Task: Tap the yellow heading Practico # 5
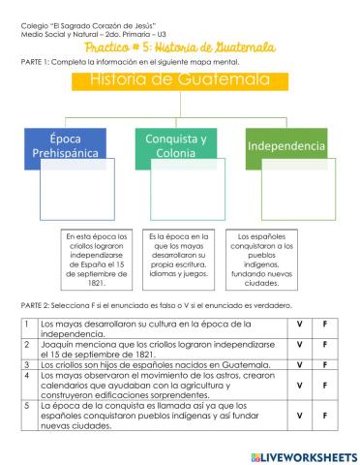(180, 46)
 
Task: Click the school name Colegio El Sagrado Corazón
(77, 19)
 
